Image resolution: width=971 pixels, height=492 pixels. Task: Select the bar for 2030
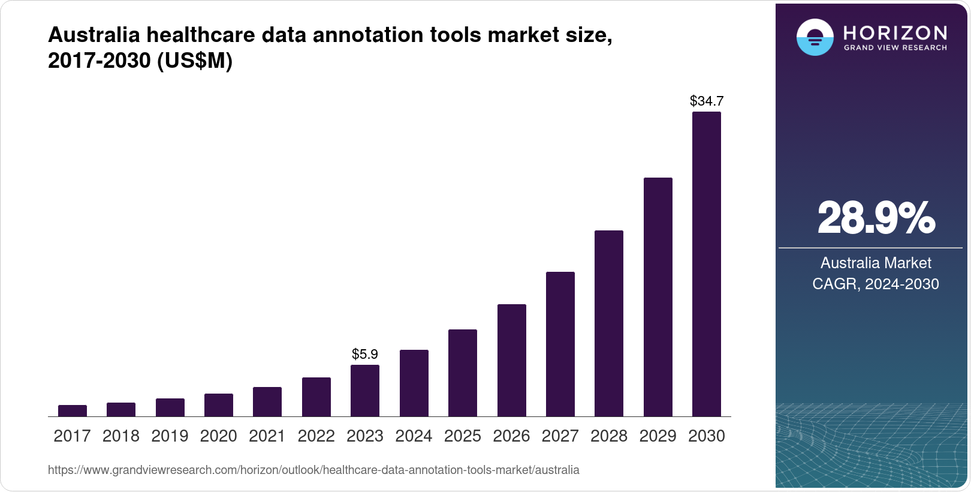(706, 264)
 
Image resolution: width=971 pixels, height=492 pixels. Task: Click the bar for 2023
(364, 391)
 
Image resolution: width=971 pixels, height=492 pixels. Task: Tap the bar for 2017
(72, 411)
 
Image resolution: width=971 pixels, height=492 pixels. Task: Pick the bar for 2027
(560, 344)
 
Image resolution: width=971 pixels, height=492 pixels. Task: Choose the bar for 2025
(462, 373)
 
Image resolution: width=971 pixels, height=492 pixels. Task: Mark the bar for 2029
(658, 297)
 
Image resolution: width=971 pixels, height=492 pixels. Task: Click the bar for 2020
(218, 405)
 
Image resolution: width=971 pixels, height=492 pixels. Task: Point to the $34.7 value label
(706, 101)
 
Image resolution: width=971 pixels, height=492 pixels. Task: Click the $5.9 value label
(364, 354)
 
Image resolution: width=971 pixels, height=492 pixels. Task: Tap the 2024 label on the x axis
(414, 436)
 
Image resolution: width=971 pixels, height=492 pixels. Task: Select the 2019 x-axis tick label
(170, 436)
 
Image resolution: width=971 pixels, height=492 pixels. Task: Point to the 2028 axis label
(608, 436)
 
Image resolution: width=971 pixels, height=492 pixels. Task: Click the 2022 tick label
(316, 436)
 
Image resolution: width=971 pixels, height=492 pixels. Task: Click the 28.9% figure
(875, 218)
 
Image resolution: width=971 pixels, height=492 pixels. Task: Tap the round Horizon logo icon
(815, 37)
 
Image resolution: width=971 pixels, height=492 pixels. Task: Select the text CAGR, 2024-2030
(875, 284)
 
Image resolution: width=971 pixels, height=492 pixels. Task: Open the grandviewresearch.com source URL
(313, 470)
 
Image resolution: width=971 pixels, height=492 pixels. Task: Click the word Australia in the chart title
(94, 35)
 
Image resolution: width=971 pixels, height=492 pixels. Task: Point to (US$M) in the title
(194, 61)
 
